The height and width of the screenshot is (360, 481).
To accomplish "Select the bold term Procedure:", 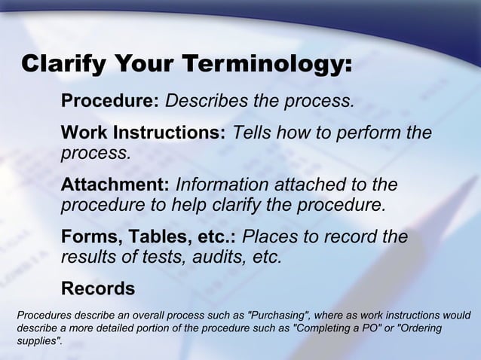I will pyautogui.click(x=109, y=101).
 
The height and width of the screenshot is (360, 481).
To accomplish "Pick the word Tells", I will pyautogui.click(x=254, y=133).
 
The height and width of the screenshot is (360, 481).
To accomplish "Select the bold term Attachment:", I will pyautogui.click(x=115, y=185).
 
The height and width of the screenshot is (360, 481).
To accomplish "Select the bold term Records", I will pyautogui.click(x=98, y=288).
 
